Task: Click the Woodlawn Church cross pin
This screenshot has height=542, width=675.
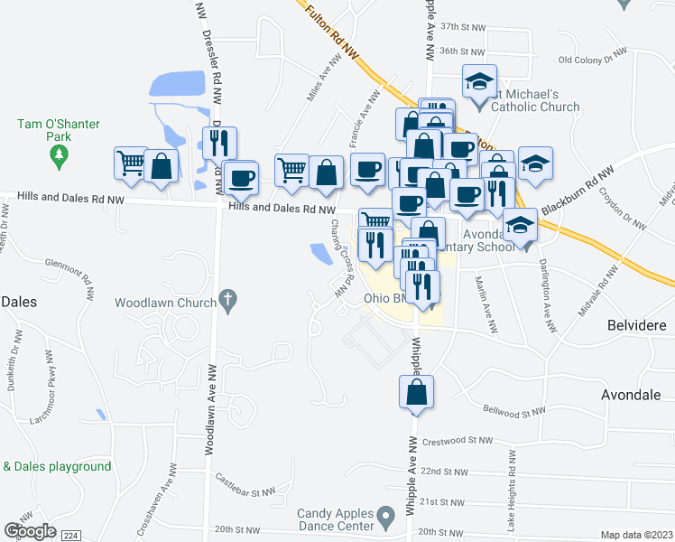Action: pyautogui.click(x=228, y=298)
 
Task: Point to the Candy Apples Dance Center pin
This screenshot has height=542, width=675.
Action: pyautogui.click(x=386, y=518)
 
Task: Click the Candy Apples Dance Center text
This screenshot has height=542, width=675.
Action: pyautogui.click(x=335, y=519)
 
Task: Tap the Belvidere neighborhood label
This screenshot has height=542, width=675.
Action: pyautogui.click(x=633, y=323)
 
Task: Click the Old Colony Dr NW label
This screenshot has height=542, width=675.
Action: pyautogui.click(x=592, y=61)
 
